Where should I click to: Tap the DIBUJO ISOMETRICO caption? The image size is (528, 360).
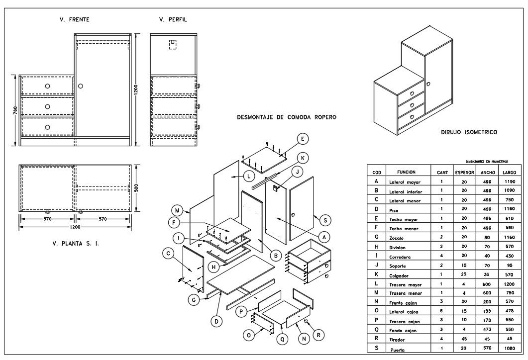coord(469,133)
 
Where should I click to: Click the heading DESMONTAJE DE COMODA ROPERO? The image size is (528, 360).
coord(287,118)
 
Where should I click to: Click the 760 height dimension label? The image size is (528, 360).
coord(15,109)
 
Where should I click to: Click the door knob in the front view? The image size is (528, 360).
coord(81,86)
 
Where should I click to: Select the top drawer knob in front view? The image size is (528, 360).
coord(47,86)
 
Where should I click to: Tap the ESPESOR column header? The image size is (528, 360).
coord(464,172)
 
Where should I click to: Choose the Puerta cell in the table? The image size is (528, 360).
coord(399,350)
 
